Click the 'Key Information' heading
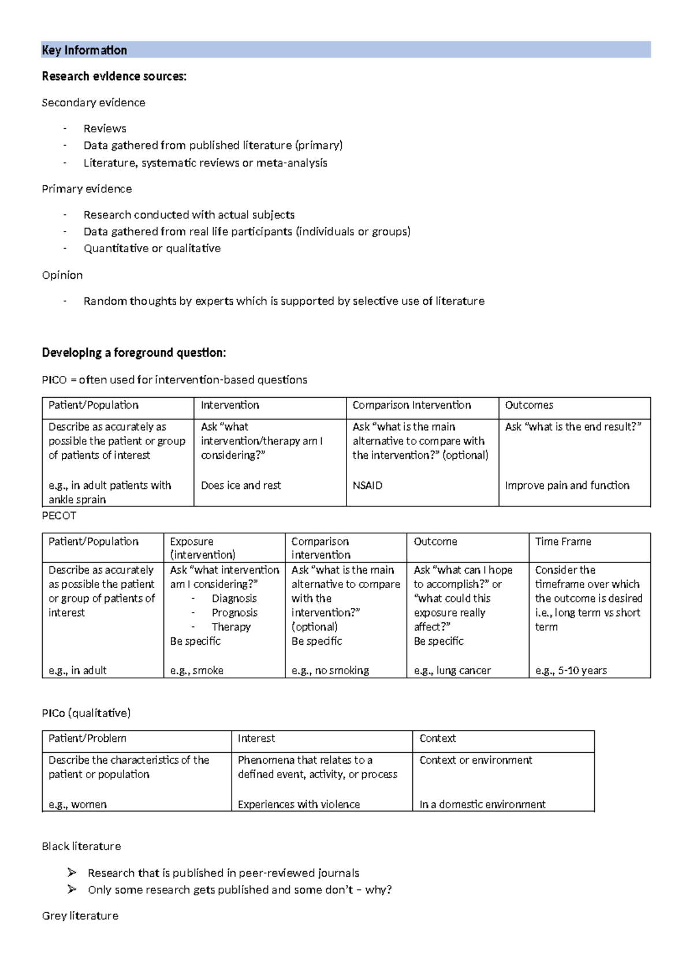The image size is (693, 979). (84, 50)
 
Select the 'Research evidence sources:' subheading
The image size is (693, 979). (114, 76)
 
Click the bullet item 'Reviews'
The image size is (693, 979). (105, 128)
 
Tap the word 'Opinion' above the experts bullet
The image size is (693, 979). (62, 275)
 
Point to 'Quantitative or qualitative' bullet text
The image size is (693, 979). (152, 248)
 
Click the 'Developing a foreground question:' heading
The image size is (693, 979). (134, 352)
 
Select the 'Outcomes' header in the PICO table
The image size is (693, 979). (529, 405)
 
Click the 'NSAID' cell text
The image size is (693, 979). (367, 485)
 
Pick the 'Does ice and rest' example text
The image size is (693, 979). (240, 485)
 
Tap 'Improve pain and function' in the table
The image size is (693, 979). (567, 485)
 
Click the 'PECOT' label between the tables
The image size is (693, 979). (59, 515)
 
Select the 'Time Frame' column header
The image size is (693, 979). (563, 541)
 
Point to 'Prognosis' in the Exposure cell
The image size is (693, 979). (234, 612)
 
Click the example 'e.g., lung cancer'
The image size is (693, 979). (452, 670)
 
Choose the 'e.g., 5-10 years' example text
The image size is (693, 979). (571, 670)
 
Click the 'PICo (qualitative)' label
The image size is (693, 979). (86, 713)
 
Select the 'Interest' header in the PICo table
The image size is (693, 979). (256, 738)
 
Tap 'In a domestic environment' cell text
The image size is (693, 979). (482, 804)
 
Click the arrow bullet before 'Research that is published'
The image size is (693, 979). (72, 872)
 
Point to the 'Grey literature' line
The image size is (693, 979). (80, 916)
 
